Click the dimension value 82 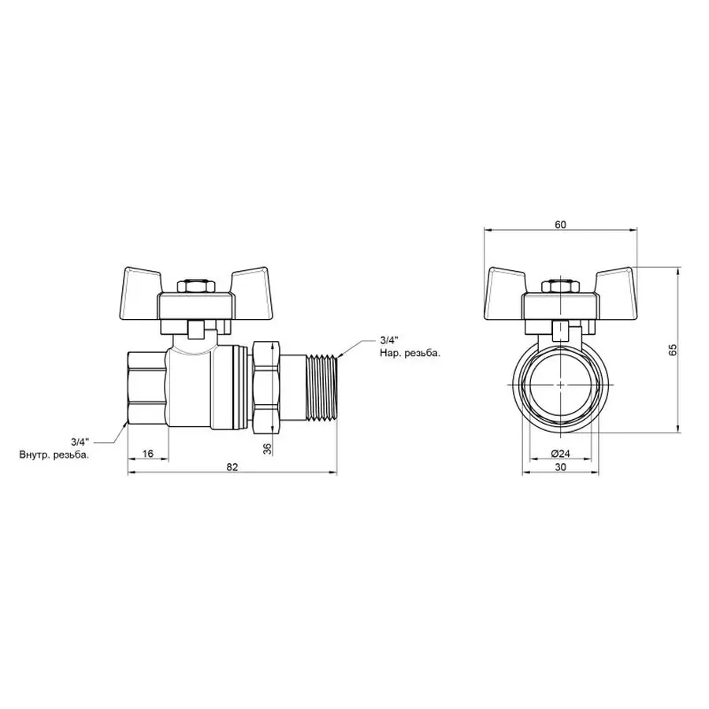(232, 467)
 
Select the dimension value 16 (147, 454)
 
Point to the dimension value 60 (560, 225)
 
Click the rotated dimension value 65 (672, 351)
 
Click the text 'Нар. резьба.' (409, 353)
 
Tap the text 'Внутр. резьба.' (54, 455)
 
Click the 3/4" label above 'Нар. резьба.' (388, 340)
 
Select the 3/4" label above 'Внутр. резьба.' (79, 442)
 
